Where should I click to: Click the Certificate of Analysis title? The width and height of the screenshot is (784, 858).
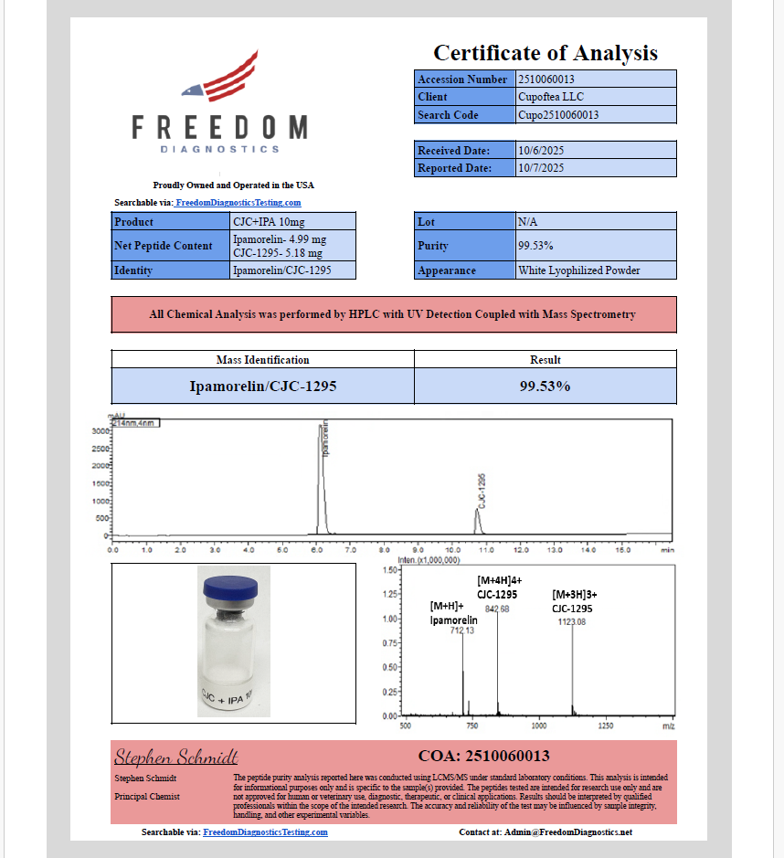(545, 53)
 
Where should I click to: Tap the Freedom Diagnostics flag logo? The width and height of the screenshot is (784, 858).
(220, 79)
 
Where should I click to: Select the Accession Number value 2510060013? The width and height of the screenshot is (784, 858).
(546, 79)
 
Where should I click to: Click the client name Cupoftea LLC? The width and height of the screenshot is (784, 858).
(551, 97)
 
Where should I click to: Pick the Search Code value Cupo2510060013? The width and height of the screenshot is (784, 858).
(558, 115)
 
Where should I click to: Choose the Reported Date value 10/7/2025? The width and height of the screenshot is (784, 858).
(541, 168)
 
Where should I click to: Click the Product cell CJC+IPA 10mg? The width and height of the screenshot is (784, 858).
(270, 222)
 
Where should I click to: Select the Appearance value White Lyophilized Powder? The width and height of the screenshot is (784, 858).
(578, 270)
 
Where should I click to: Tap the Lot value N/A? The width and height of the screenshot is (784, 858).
(527, 222)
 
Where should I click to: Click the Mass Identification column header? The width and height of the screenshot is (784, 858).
(262, 360)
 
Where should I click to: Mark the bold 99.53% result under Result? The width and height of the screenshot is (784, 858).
(546, 387)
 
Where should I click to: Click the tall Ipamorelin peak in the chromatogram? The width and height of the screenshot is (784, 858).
(321, 475)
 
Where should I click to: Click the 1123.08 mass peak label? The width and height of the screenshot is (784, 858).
(572, 622)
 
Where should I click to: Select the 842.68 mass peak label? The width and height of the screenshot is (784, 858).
(497, 609)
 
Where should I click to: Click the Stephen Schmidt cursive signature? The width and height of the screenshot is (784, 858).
(176, 757)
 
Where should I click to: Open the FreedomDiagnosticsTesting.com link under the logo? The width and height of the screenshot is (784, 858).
(238, 203)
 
